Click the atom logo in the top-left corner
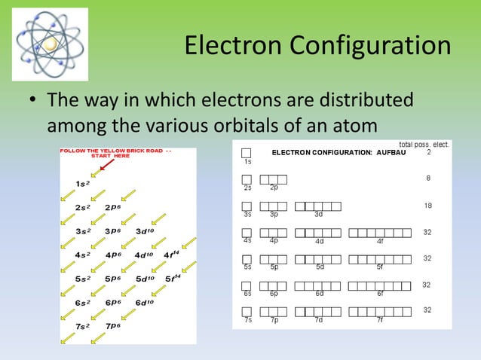pyautogui.click(x=50, y=44)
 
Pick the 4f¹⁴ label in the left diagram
pyautogui.click(x=171, y=254)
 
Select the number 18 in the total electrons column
pyautogui.click(x=427, y=206)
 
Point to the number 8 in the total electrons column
pyautogui.click(x=428, y=178)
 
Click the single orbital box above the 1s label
pyautogui.click(x=247, y=152)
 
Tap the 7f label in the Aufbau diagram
pyautogui.click(x=381, y=320)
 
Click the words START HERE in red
pyautogui.click(x=110, y=156)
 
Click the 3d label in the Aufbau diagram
pyautogui.click(x=319, y=214)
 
